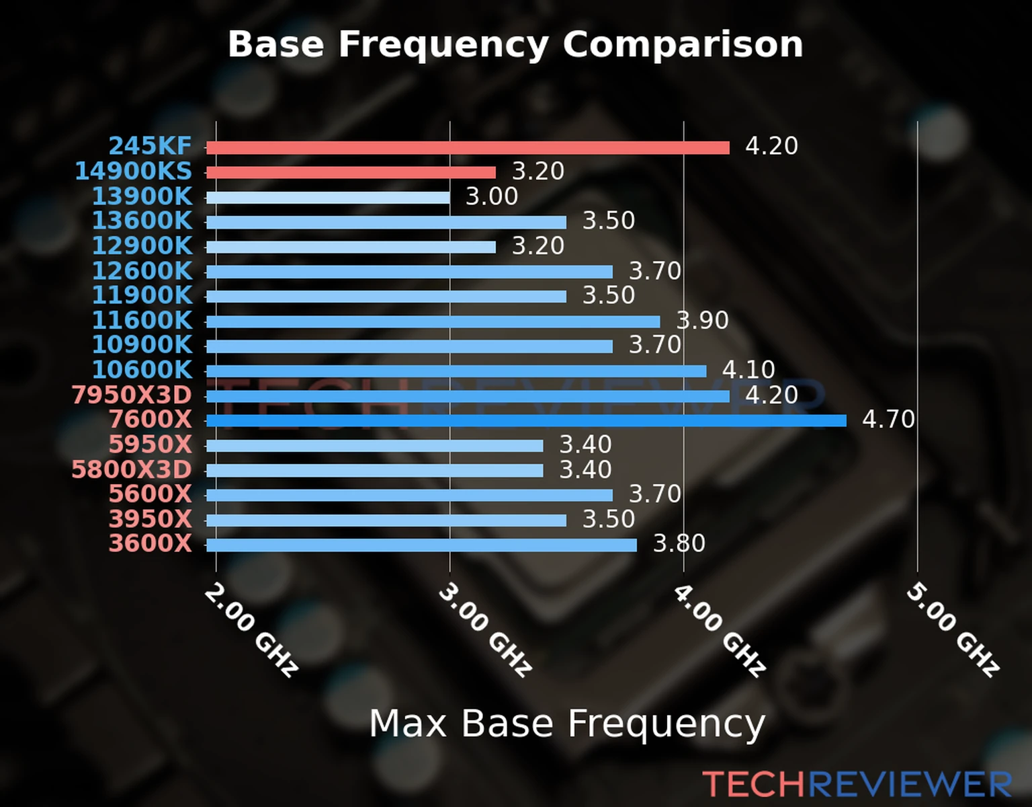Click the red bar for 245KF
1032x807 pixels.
[468, 147]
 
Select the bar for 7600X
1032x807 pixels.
[526, 421]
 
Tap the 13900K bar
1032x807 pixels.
[328, 198]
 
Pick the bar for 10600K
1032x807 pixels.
[456, 371]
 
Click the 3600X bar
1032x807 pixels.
[421, 545]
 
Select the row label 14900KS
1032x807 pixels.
[133, 171]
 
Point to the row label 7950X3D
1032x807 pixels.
[132, 395]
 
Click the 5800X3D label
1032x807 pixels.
[132, 470]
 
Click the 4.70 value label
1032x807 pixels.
[888, 420]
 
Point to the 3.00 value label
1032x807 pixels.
[492, 196]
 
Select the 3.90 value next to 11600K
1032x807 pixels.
[702, 320]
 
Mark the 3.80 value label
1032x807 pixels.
[679, 543]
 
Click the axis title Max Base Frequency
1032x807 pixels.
[567, 724]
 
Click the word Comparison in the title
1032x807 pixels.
[683, 44]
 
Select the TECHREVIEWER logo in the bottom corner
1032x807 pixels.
[857, 784]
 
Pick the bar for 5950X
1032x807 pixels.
[374, 446]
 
